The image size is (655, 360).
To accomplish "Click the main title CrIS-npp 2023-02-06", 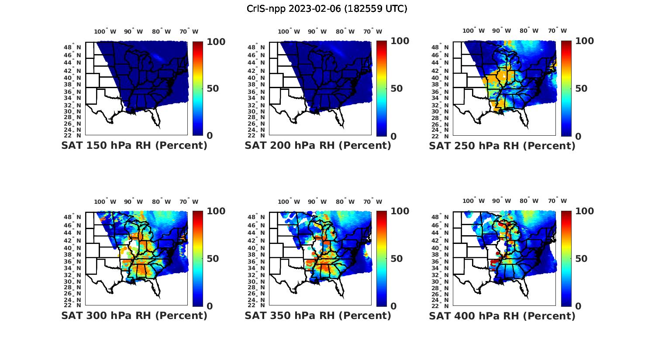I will (x=327, y=9).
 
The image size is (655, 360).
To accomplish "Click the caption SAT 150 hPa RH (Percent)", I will (x=134, y=146).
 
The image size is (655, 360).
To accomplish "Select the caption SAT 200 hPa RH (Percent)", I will (x=318, y=146).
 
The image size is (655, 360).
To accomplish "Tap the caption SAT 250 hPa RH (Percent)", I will (x=502, y=146).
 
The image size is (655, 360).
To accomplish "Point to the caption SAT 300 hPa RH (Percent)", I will (x=134, y=315).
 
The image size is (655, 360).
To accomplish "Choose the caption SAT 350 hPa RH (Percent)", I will (x=318, y=315).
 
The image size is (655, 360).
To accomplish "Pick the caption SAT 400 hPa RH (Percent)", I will (x=502, y=315).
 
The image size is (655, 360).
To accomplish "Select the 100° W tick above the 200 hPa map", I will (x=289, y=31).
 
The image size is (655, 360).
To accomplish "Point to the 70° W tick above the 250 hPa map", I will (x=557, y=31).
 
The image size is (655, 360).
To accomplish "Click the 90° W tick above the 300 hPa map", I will (x=133, y=202).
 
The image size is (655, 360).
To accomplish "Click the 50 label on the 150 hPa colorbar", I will (x=212, y=89).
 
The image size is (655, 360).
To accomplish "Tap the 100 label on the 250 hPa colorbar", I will (x=584, y=41).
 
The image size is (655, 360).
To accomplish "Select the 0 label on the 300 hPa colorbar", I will (x=210, y=306).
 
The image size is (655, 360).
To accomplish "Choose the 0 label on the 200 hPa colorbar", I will (x=393, y=136).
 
